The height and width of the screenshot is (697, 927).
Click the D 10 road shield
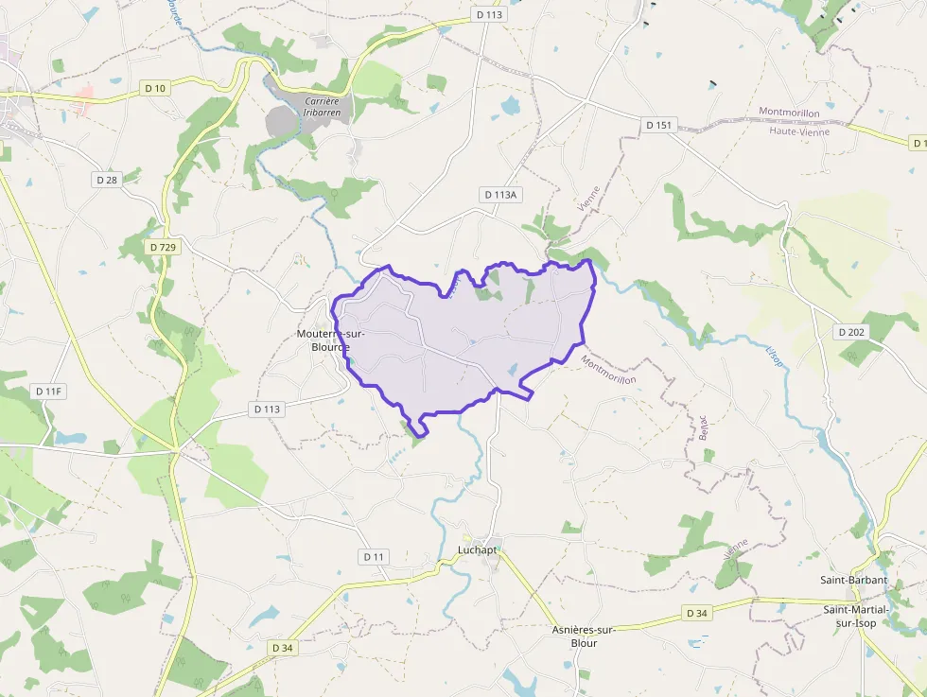tap(156, 88)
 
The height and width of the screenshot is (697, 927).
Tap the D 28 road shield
tap(106, 179)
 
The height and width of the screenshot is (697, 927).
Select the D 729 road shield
tap(163, 246)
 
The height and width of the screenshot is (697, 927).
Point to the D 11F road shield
tap(47, 391)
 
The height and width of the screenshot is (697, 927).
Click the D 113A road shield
tap(500, 195)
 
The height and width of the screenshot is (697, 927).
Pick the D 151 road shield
tap(659, 125)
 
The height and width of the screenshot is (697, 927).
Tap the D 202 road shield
tap(851, 332)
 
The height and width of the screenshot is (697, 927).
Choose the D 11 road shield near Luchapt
tap(374, 557)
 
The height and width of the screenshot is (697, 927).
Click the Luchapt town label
tap(477, 549)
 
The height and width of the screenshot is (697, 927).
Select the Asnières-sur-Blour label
tap(584, 636)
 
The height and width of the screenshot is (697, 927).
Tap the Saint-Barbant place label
tap(853, 579)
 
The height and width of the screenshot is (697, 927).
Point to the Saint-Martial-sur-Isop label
tap(862, 616)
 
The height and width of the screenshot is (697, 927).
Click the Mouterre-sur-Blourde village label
tap(330, 340)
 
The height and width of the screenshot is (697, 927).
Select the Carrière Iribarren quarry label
tap(322, 106)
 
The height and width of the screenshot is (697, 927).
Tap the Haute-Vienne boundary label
tap(799, 131)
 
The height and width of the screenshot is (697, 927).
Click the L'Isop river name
tap(775, 357)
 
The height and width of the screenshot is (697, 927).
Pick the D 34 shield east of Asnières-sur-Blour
tap(696, 614)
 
